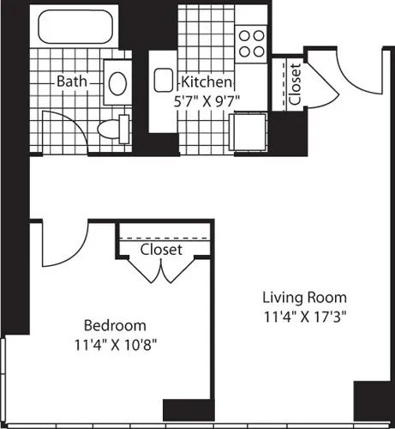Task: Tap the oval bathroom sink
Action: [x=117, y=82]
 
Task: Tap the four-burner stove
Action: [x=251, y=43]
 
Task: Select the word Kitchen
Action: [x=206, y=82]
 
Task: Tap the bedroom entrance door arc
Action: [x=65, y=244]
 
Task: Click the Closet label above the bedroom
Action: [x=161, y=249]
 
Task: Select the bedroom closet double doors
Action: [x=161, y=271]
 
